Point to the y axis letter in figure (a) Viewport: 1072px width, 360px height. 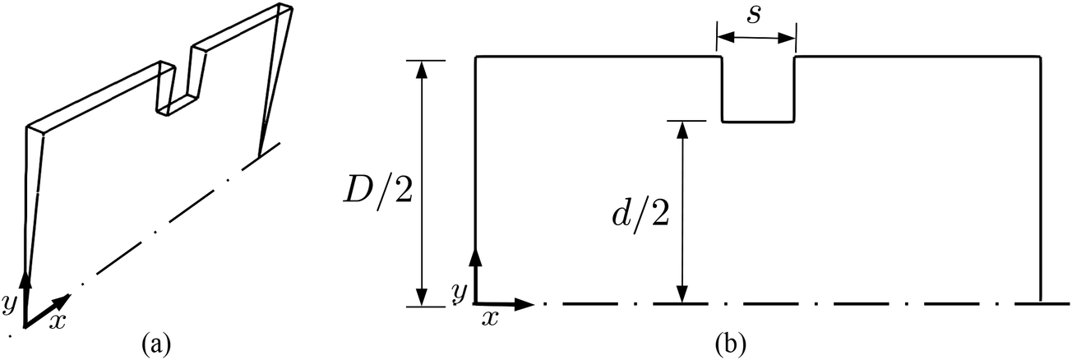(x=9, y=303)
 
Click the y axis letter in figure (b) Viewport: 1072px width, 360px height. (x=460, y=290)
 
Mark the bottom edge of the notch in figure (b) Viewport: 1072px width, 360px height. (x=757, y=122)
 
